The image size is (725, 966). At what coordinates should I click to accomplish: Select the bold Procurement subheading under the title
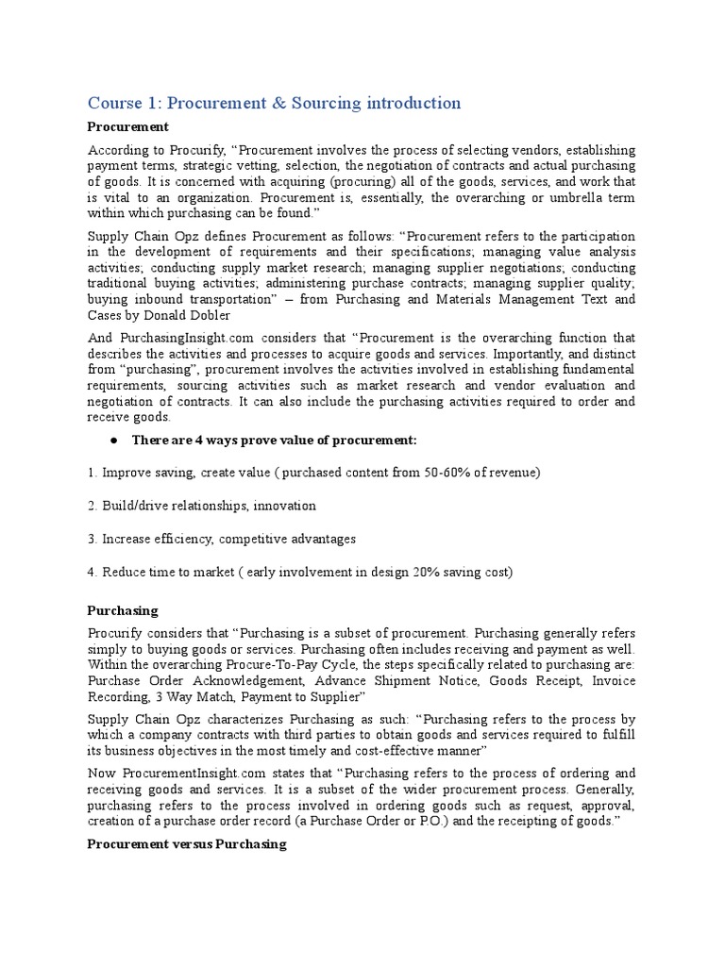click(127, 126)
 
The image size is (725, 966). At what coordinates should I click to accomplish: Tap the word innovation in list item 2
click(284, 506)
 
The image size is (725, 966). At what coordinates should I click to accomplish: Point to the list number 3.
click(92, 539)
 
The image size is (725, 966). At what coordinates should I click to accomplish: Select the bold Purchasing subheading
click(123, 611)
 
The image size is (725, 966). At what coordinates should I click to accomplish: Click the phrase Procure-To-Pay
click(266, 666)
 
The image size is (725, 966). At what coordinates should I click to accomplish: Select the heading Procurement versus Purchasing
click(187, 844)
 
